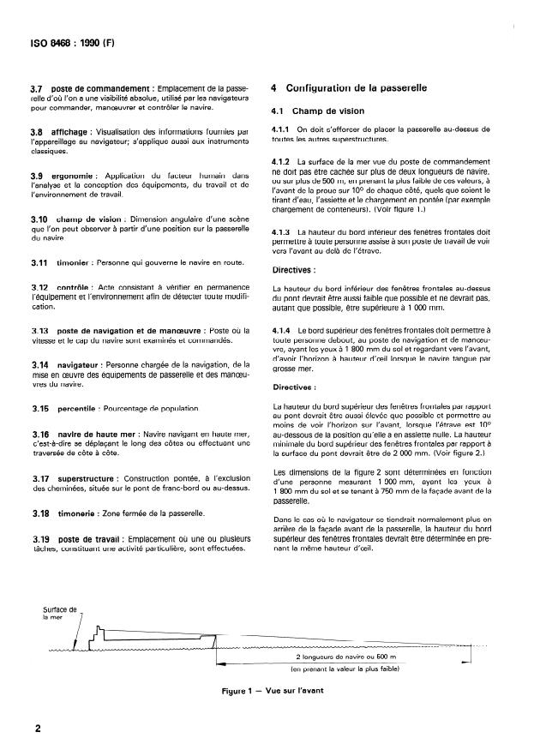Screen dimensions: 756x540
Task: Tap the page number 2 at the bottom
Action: (39, 729)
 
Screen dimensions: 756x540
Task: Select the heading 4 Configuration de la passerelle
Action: (350, 88)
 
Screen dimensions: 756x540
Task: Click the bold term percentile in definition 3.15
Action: (79, 409)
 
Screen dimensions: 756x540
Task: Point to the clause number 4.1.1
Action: (281, 129)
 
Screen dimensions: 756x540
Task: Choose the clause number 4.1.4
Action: (281, 329)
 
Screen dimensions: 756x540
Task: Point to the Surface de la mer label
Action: (59, 613)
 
